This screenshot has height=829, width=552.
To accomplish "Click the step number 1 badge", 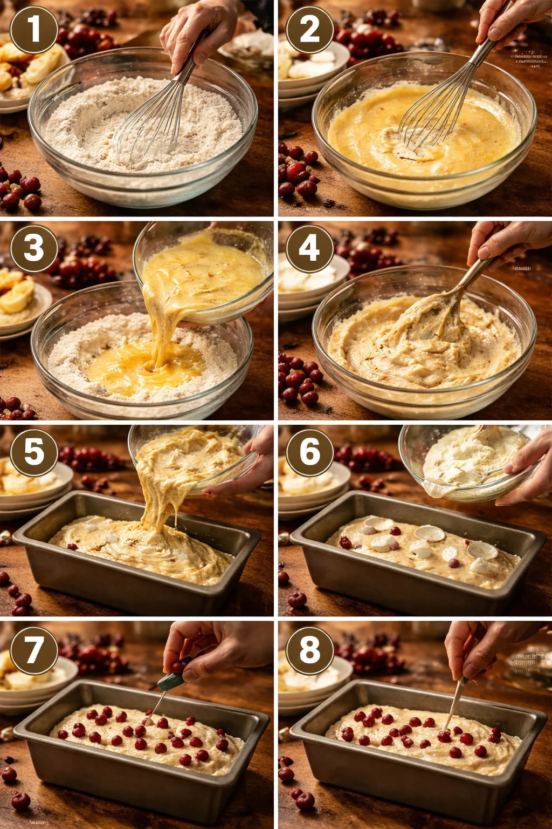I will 33,30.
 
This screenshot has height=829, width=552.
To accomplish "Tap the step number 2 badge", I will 309,30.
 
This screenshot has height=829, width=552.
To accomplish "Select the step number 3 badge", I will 33,248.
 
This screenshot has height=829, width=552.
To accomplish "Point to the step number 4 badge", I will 309,248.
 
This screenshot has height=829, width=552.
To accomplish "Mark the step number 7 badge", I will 33,649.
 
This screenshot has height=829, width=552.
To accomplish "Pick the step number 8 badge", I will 309,649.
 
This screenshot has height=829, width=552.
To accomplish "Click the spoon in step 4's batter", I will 437,318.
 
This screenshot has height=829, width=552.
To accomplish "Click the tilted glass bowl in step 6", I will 469,461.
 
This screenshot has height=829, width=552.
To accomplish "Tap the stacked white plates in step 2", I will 310,70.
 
